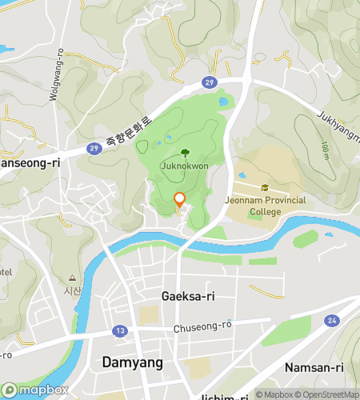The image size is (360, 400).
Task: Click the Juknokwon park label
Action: point(185,166)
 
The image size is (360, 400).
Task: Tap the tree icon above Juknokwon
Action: point(185,152)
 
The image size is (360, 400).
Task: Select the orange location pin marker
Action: point(179,201)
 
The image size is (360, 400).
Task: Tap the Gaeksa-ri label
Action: point(188,296)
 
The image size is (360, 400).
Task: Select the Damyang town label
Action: point(133,362)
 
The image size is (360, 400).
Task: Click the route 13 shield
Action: point(120,330)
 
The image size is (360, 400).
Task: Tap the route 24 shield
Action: point(330,321)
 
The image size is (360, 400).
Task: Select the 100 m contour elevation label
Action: point(324,150)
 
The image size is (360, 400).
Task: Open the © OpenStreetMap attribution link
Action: point(324,394)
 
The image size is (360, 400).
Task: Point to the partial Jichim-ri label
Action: point(228,396)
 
